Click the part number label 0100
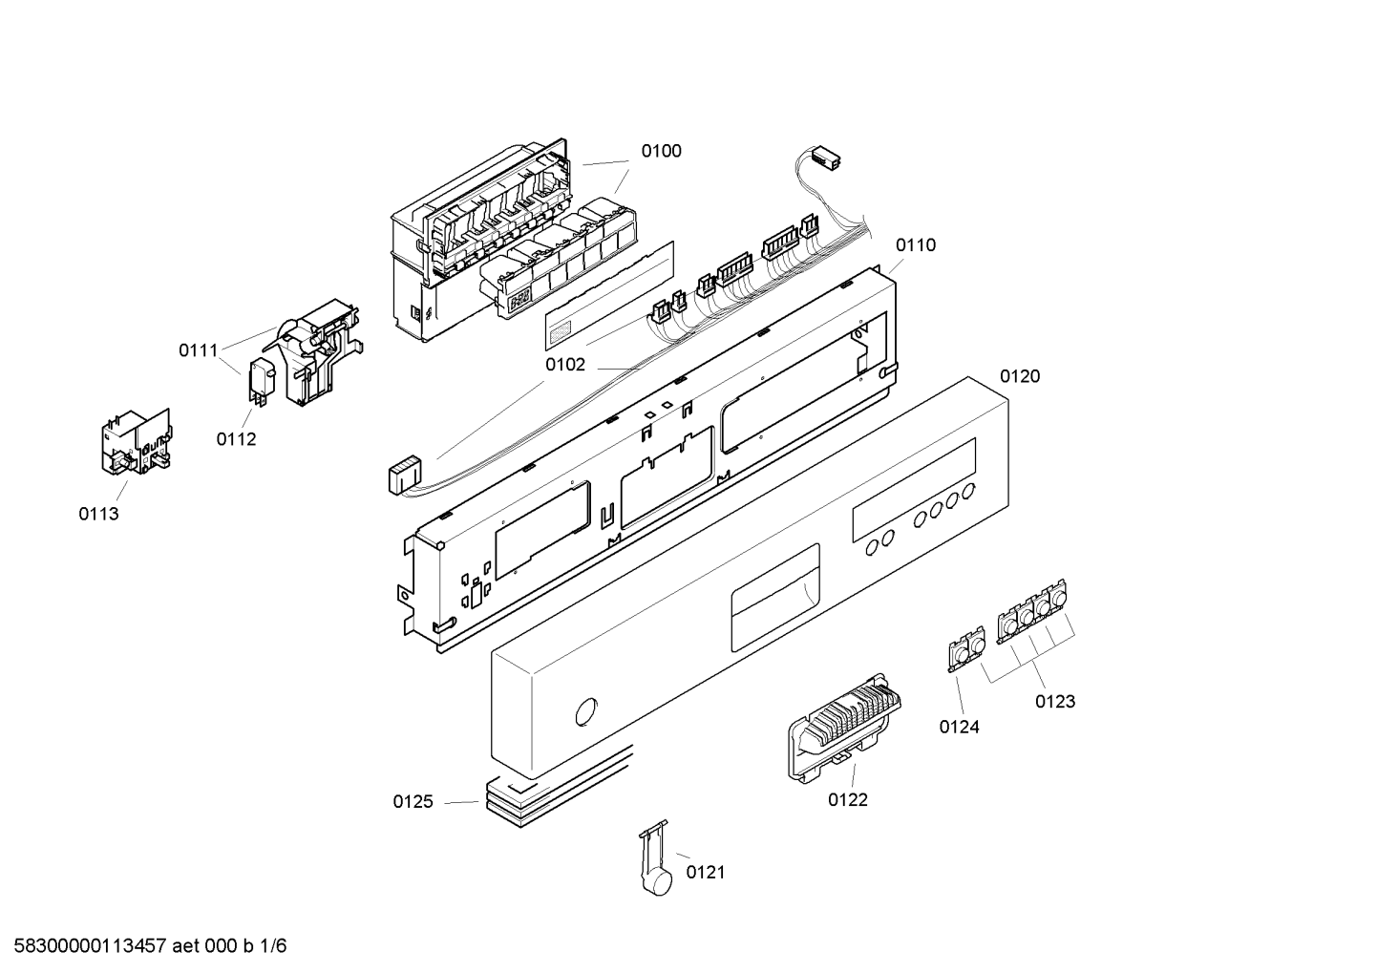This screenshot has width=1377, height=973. click(661, 151)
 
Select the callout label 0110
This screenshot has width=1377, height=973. click(915, 245)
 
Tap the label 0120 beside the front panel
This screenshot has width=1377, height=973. click(1019, 376)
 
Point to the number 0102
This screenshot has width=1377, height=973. click(564, 365)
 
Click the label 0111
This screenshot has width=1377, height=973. click(199, 350)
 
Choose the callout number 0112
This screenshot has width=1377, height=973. click(236, 439)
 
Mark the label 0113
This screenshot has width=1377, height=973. click(98, 515)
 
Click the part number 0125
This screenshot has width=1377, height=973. click(413, 802)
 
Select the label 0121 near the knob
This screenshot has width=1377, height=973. click(706, 872)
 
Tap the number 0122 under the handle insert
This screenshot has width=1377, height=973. click(847, 800)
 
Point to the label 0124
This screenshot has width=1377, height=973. click(959, 728)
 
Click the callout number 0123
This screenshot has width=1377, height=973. click(1054, 702)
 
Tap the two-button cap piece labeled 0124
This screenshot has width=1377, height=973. click(965, 649)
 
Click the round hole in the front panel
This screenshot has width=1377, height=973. click(583, 713)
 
